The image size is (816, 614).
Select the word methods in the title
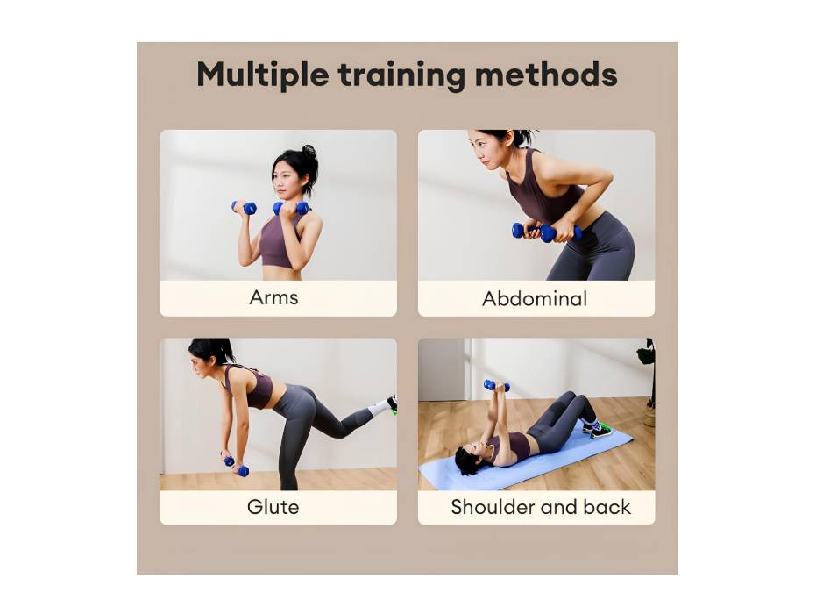pos(545,75)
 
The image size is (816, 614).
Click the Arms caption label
pos(273,297)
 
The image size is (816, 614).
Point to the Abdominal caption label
pos(535,298)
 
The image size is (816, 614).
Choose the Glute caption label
pos(273,507)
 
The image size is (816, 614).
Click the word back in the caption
pos(609,507)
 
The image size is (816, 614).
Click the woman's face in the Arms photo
pos(287,181)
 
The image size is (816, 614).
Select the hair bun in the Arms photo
pos(309,154)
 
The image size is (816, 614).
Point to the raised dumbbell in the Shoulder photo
pos(495,386)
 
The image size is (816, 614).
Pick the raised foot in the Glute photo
pos(387,404)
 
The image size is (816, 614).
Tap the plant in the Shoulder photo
pos(647,355)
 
